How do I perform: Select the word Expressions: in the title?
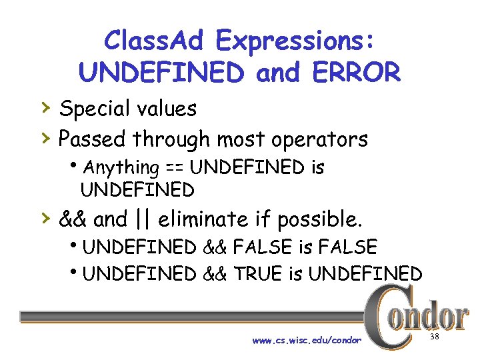[295, 42]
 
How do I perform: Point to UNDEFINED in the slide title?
[161, 73]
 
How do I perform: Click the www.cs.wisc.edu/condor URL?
[307, 341]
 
